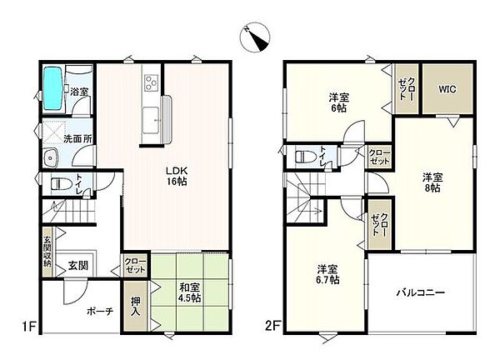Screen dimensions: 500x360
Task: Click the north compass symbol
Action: pos(255,37)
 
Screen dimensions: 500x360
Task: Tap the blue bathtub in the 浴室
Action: pos(52,88)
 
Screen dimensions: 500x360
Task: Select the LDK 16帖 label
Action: pos(177,176)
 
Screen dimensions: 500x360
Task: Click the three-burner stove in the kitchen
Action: pos(151,82)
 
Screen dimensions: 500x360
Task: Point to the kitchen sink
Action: pos(151,120)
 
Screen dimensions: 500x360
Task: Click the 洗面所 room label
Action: pos(77,139)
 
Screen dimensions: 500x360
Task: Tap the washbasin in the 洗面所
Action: pos(50,157)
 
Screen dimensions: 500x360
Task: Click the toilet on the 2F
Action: pos(307,157)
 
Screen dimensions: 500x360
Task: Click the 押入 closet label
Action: pos(136,306)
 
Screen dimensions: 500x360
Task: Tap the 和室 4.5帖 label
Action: pos(190,292)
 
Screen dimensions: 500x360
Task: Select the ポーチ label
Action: pos(100,311)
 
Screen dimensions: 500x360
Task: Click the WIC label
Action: pos(447,89)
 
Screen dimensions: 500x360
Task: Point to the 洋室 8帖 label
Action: pos(432,182)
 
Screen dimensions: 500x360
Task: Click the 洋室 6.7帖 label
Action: pos(327,274)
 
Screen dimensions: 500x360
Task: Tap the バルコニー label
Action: pos(420,292)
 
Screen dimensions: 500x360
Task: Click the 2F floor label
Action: pos(273,326)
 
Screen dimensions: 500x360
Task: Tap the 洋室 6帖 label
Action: pos(339,102)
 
